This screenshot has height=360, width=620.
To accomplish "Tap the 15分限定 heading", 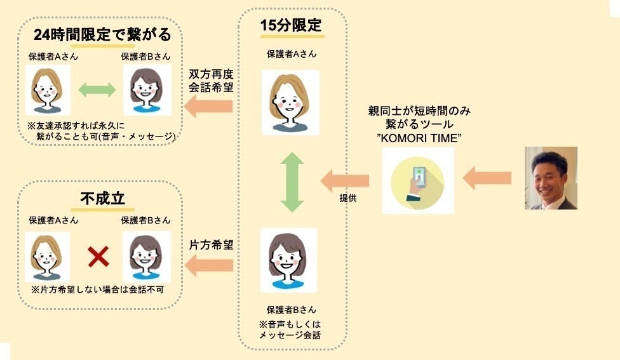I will [x=291, y=27].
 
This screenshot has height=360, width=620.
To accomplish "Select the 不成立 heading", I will [x=102, y=199].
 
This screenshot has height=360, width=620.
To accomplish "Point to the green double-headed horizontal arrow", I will [x=97, y=90].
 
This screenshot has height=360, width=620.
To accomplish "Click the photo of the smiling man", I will [x=551, y=178].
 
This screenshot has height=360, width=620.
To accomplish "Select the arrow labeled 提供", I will [x=344, y=180].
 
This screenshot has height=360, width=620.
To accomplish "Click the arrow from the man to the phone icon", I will [x=487, y=179].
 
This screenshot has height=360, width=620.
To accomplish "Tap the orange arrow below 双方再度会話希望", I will [x=208, y=107].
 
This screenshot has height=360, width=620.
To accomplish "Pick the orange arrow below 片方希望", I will [x=208, y=265].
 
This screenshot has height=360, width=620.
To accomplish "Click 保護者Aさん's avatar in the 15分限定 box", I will [x=291, y=102].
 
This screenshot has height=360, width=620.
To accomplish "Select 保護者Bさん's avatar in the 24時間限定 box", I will [x=147, y=90].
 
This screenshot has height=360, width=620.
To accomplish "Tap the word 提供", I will [x=347, y=197].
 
